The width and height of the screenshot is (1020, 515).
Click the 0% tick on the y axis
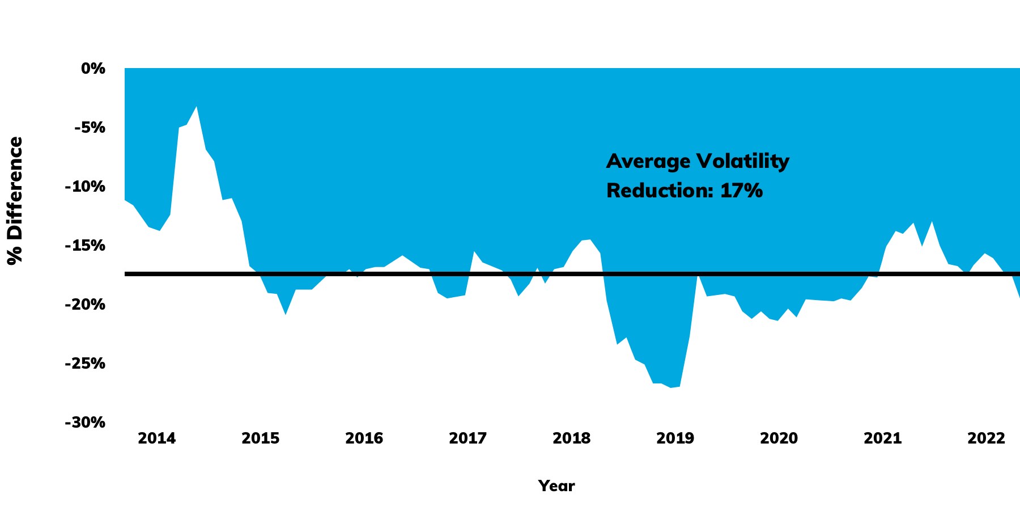click(x=93, y=69)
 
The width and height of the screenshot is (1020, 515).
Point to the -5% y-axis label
click(x=90, y=128)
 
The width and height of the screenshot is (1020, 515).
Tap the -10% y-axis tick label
click(x=85, y=187)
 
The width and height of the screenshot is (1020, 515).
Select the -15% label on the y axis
click(x=85, y=246)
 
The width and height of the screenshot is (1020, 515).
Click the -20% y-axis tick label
click(x=85, y=305)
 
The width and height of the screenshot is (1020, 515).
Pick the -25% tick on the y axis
click(x=85, y=364)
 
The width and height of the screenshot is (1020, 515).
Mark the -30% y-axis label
click(x=85, y=423)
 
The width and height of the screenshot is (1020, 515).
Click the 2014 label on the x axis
click(x=157, y=438)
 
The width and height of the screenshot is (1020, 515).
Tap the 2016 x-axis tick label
click(x=364, y=438)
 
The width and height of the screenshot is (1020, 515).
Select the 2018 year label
click(x=572, y=438)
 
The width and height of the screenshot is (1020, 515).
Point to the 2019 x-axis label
click(x=675, y=438)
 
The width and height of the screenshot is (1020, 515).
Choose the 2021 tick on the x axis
click(x=882, y=438)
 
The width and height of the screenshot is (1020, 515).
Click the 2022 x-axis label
click(x=986, y=438)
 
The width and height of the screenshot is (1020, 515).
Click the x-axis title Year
click(x=556, y=486)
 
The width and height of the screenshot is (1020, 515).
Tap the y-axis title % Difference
click(x=15, y=200)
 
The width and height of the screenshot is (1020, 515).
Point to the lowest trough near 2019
click(x=671, y=387)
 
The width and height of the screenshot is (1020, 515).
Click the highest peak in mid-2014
click(x=196, y=107)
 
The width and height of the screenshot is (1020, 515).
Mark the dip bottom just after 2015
click(x=286, y=314)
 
